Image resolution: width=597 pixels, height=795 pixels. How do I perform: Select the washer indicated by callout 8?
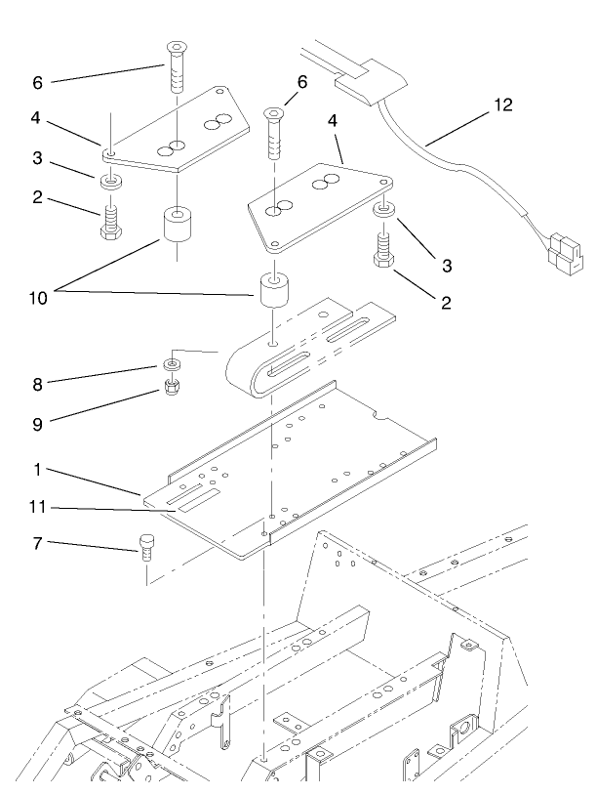(172, 364)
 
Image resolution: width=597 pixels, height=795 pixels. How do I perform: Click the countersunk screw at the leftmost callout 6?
(175, 65)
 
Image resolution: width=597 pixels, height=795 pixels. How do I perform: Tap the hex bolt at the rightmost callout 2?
(381, 253)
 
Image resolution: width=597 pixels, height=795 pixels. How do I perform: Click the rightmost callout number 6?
(301, 82)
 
